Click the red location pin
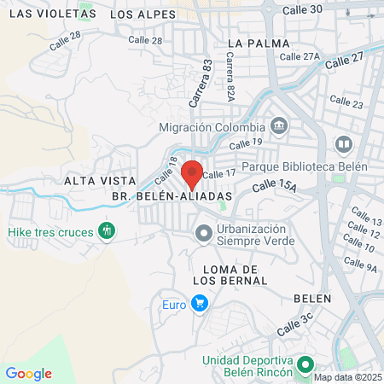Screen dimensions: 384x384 (192, 173)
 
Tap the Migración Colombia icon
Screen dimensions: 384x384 (281, 127)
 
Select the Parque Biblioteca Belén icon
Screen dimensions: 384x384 (344, 145)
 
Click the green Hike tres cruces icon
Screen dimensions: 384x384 (107, 231)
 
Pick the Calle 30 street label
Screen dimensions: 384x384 (303, 9)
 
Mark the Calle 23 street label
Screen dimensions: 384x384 (349, 104)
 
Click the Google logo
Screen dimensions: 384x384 (28, 373)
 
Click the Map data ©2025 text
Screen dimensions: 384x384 (347, 377)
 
